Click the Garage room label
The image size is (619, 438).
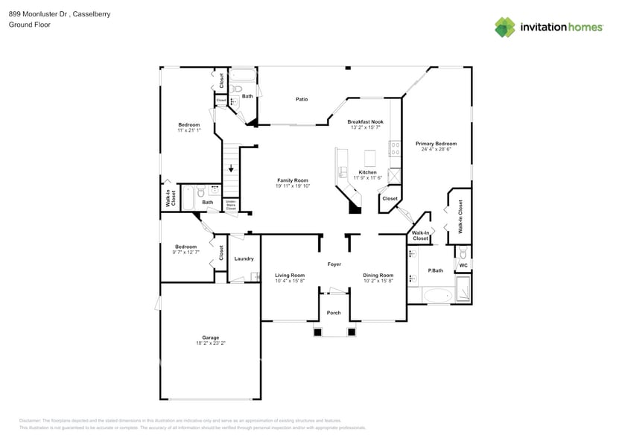pyautogui.click(x=211, y=337)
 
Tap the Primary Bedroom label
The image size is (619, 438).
pyautogui.click(x=436, y=144)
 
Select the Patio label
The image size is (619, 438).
pyautogui.click(x=302, y=99)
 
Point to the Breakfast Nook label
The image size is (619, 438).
pyautogui.click(x=365, y=121)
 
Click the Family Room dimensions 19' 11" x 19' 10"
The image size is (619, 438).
pyautogui.click(x=293, y=186)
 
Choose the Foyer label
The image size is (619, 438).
pyautogui.click(x=334, y=264)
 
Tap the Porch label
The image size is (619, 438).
pyautogui.click(x=334, y=313)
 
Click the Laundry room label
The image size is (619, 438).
pyautogui.click(x=244, y=259)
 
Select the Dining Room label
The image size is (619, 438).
pyautogui.click(x=378, y=275)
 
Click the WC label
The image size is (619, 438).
pyautogui.click(x=463, y=265)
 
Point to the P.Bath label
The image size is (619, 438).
pyautogui.click(x=436, y=270)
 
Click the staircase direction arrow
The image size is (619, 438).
pyautogui.click(x=232, y=168)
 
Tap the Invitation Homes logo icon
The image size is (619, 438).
pyautogui.click(x=505, y=28)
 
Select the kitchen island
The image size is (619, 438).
pyautogui.click(x=369, y=158)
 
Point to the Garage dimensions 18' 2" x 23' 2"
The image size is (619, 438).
pyautogui.click(x=211, y=343)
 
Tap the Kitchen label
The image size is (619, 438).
pyautogui.click(x=367, y=172)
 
